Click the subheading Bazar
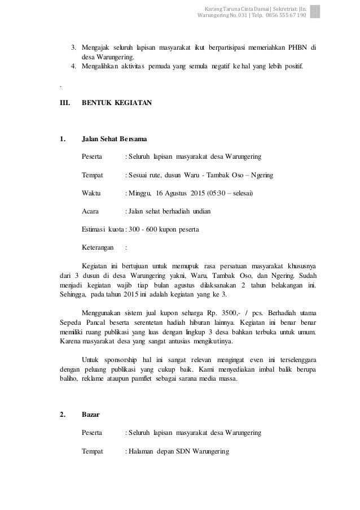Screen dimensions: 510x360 click(x=91, y=415)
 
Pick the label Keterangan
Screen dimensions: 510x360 click(x=98, y=247)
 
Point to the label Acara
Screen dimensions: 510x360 click(x=91, y=212)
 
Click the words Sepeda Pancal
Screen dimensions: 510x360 click(x=79, y=321)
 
